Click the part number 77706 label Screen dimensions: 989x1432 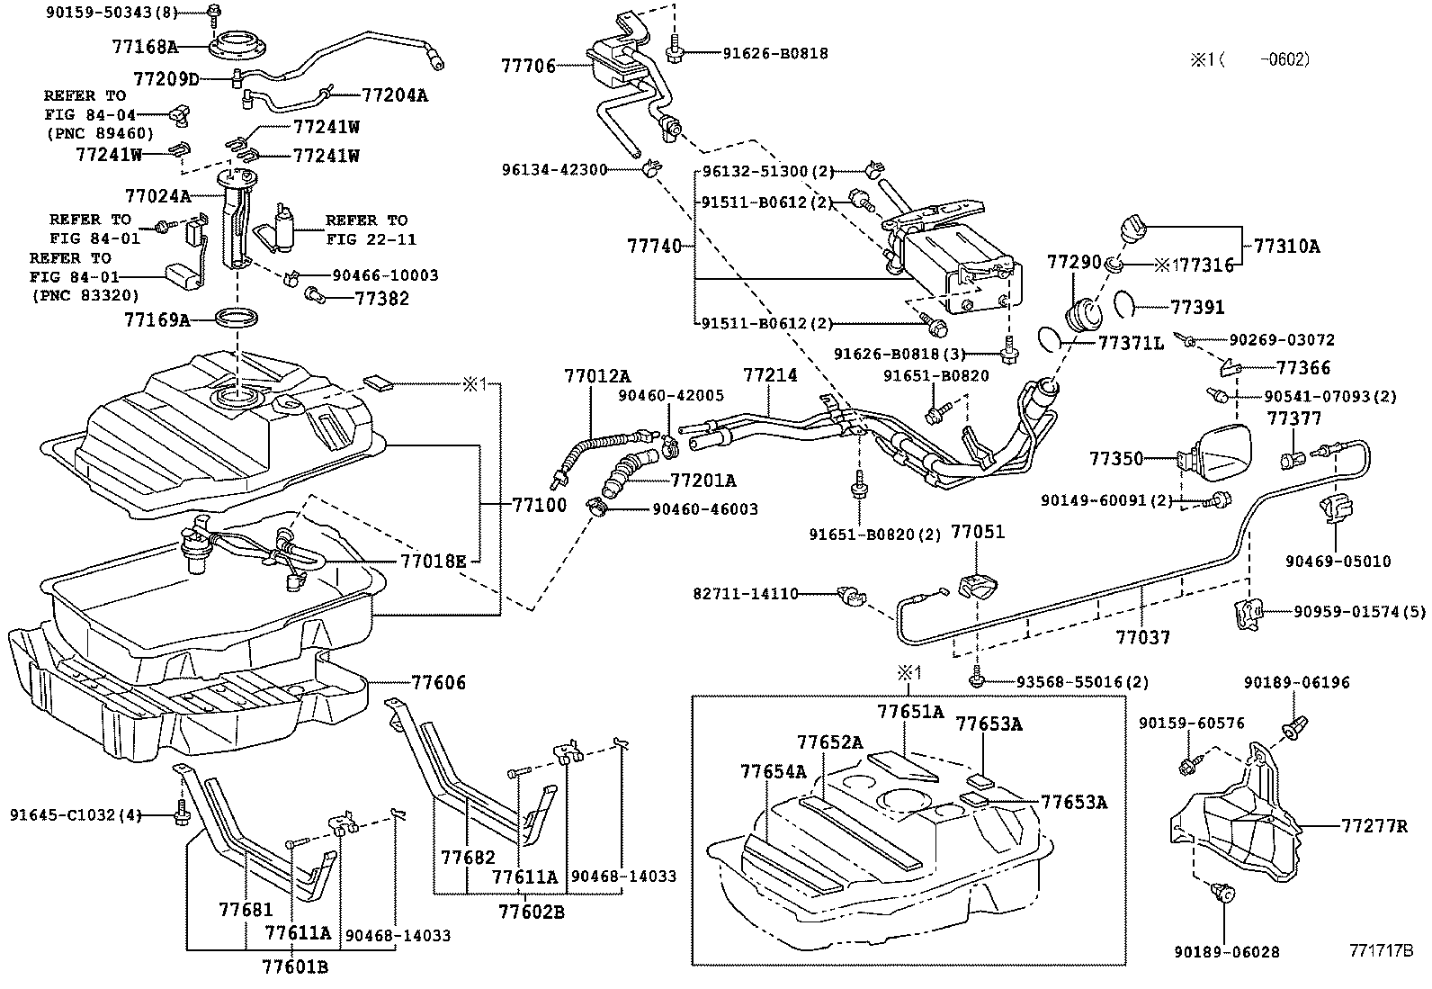click(528, 65)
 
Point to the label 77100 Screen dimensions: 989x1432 click(540, 505)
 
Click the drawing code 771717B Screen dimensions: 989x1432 click(1380, 950)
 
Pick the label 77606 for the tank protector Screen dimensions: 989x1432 click(439, 682)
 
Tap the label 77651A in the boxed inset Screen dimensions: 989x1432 click(910, 712)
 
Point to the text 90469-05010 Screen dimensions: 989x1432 click(1338, 561)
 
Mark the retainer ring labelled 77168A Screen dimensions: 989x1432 click(238, 43)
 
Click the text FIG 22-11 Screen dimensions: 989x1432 click(366, 239)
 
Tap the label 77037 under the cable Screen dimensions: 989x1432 click(1143, 637)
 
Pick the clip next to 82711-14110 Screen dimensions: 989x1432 click(848, 595)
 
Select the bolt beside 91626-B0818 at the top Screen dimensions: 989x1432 click(674, 52)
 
